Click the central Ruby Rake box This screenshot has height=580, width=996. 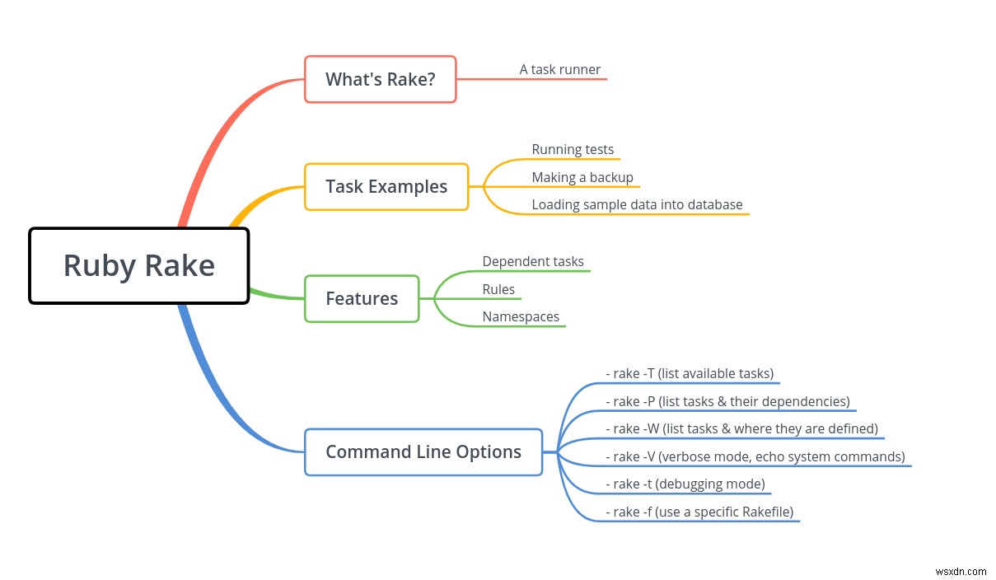click(138, 265)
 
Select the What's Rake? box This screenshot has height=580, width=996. click(380, 79)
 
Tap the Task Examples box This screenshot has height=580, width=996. click(386, 186)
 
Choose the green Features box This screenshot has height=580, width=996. click(362, 298)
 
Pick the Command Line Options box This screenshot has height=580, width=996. click(423, 452)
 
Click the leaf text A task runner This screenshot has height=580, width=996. click(560, 69)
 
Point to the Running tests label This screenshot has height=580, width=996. click(573, 149)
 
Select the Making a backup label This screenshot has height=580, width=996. click(582, 177)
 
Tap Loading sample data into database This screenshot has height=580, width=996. click(637, 204)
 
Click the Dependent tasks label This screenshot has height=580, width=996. click(533, 261)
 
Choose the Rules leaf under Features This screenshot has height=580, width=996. click(498, 289)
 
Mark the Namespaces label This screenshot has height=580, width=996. click(521, 316)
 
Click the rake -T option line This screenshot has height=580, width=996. click(690, 373)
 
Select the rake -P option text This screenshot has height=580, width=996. click(728, 402)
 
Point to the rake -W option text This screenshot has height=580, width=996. click(741, 428)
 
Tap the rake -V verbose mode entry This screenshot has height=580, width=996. click(755, 456)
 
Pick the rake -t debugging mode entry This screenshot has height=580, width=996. click(685, 484)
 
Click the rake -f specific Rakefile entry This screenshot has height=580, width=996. click(699, 512)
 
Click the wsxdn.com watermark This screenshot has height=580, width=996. click(961, 572)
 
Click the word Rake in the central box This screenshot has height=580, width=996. click(180, 265)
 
